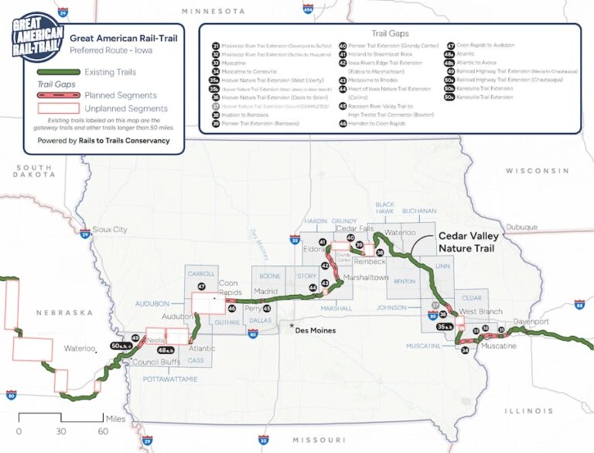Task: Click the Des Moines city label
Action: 317,330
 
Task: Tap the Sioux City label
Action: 109,230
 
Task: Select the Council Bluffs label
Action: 135,362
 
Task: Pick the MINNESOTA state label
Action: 213,12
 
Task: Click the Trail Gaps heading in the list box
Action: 389,34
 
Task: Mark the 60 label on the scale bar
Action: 101,431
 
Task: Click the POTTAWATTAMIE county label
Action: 170,379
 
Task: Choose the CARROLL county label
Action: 202,274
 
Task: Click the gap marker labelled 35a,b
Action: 445,328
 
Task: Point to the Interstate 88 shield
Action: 579,306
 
